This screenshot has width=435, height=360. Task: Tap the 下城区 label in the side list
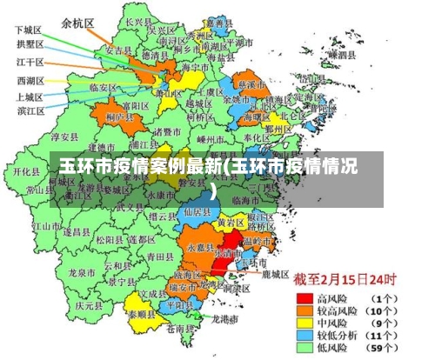pyautogui.click(x=30, y=29)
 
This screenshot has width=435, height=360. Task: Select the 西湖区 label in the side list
pyautogui.click(x=30, y=79)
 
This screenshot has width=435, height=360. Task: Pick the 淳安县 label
pyautogui.click(x=67, y=137)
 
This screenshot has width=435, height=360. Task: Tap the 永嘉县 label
pyautogui.click(x=197, y=248)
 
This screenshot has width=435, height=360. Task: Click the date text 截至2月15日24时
pyautogui.click(x=344, y=281)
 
